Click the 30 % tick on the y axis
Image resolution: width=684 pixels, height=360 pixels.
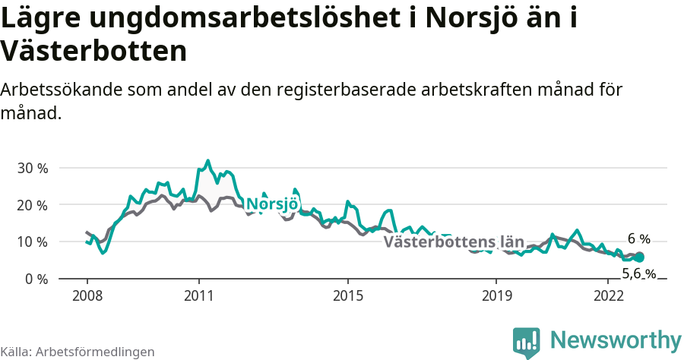(32, 168)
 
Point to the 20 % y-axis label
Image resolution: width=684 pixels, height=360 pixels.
(32, 205)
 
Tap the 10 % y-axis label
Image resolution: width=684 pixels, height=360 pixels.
(32, 242)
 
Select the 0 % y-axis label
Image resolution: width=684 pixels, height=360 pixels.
(35, 279)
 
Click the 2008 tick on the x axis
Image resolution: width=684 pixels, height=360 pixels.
(87, 295)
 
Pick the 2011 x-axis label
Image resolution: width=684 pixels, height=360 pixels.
(198, 295)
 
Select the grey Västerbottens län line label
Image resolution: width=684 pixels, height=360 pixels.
(454, 242)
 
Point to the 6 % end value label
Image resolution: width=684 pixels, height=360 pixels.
(638, 238)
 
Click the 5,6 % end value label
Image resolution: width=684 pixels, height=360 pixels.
(638, 274)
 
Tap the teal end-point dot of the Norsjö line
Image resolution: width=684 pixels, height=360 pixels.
(639, 257)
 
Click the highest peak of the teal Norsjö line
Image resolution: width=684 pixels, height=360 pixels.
(207, 161)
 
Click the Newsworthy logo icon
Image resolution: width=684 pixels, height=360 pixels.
(526, 343)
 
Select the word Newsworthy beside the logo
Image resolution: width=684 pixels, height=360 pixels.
(616, 339)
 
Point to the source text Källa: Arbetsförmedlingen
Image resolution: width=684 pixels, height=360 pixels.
(78, 352)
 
